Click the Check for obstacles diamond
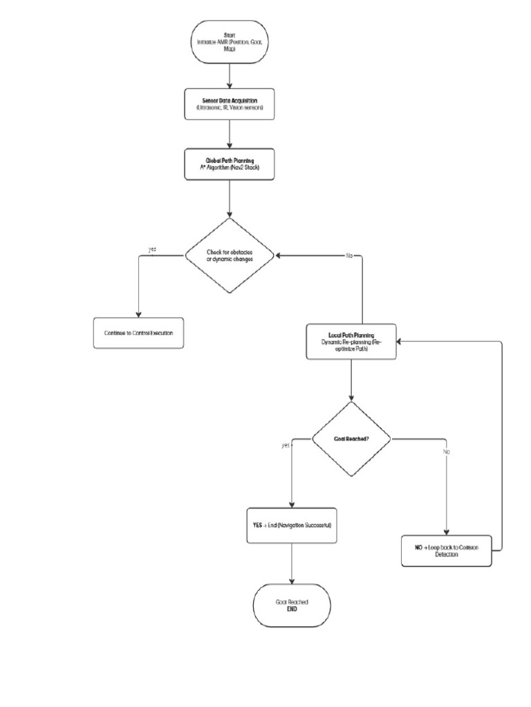230,255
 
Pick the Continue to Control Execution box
139,333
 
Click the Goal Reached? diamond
351,439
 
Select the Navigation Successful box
292,525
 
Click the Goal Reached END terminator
292,606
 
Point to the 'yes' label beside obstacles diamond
152,249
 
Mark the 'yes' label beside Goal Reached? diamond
286,445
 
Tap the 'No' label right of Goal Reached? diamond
447,452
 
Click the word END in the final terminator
292,610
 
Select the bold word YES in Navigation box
258,525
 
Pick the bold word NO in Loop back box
418,546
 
